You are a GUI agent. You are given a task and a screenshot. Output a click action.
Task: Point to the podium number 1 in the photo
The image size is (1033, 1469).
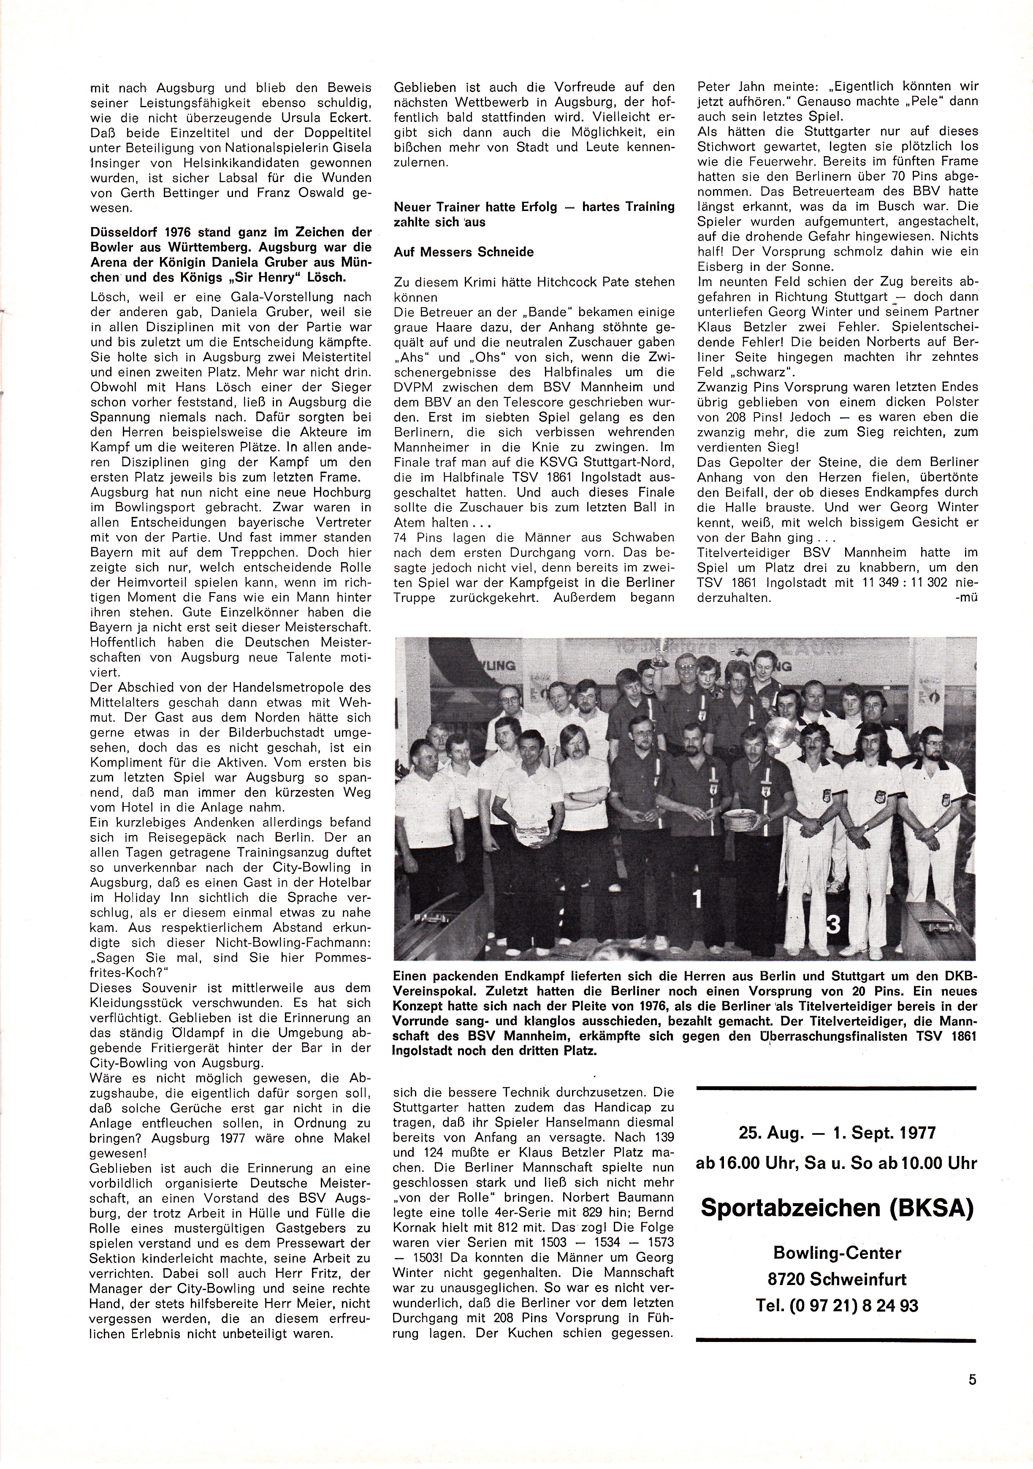click(x=698, y=899)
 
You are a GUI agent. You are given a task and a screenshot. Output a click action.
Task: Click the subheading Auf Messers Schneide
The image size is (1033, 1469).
click(x=464, y=252)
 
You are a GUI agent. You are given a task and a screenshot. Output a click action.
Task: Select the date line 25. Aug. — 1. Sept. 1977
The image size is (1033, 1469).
click(x=837, y=1133)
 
